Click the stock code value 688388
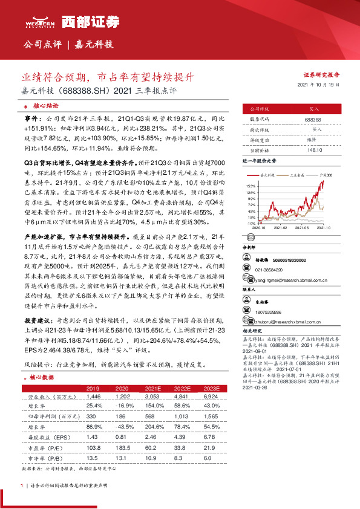pos(313,120)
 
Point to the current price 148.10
pos(313,149)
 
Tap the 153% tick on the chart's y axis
pos(250,184)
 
